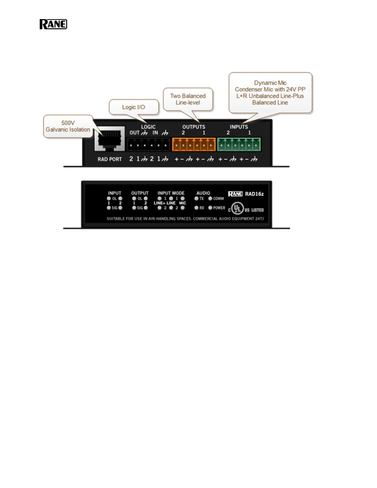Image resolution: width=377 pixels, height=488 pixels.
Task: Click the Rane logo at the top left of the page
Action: point(53,24)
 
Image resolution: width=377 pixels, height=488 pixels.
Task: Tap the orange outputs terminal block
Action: point(194,144)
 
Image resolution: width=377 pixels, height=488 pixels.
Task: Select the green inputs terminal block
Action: point(239,144)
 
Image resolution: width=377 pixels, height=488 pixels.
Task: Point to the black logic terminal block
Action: point(148,144)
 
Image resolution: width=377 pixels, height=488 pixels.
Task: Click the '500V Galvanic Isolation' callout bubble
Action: point(68,126)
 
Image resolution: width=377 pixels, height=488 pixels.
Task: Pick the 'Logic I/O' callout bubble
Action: point(134,107)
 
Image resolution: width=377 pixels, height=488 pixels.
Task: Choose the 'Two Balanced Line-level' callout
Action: point(188,99)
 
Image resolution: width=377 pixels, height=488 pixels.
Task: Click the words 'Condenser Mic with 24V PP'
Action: point(270,89)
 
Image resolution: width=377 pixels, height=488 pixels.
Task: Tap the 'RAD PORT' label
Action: point(110,159)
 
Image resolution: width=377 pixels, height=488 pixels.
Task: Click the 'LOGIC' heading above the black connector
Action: point(148,127)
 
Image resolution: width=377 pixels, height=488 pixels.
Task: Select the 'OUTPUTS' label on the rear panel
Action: point(193,127)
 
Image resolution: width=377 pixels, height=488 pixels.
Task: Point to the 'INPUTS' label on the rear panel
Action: point(239,127)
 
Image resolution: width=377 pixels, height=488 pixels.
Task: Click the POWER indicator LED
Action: point(210,208)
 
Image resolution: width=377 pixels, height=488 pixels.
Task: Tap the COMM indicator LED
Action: point(210,199)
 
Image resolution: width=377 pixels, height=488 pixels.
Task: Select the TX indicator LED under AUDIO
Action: point(197,199)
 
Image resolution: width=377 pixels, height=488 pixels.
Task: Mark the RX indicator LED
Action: point(197,208)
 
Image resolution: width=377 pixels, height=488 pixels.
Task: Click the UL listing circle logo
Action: point(237,208)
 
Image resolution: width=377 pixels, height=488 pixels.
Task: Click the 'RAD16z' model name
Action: point(254,194)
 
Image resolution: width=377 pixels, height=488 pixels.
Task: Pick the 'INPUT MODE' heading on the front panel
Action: point(171,193)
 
